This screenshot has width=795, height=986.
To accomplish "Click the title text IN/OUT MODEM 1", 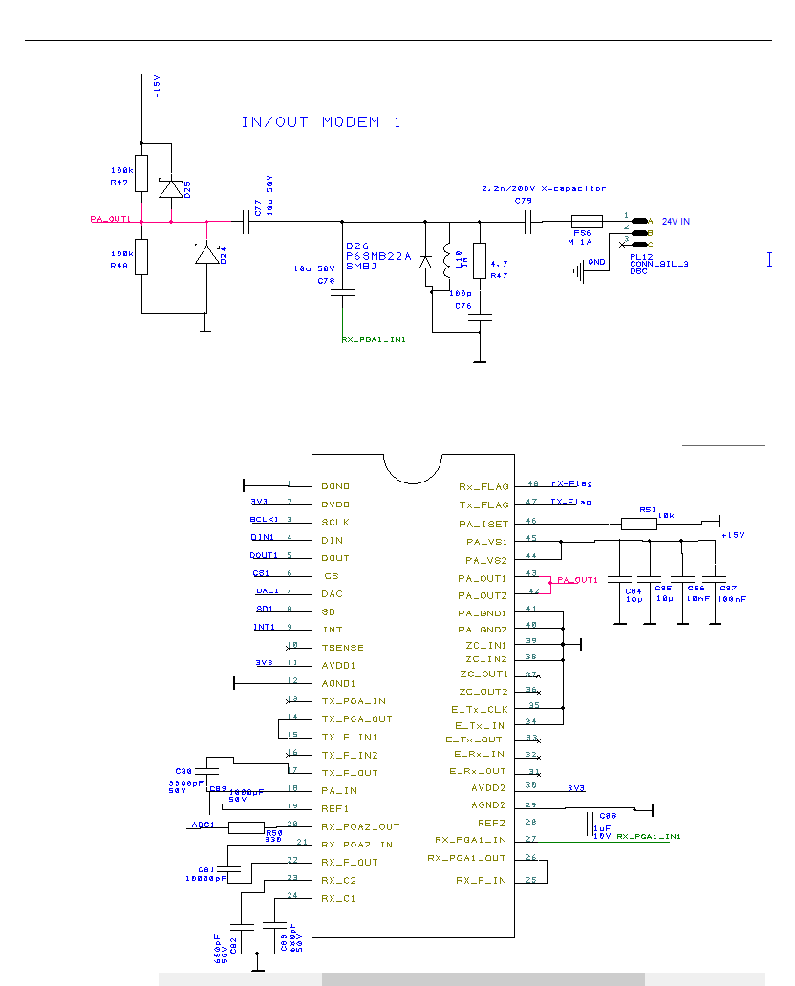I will pos(321,122).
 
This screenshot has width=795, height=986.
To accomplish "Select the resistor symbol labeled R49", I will pos(141,173).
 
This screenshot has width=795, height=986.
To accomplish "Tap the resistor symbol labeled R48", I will pos(141,256).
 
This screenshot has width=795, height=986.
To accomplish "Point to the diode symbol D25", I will pos(172,188).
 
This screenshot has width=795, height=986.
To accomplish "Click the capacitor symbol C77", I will pos(247,221).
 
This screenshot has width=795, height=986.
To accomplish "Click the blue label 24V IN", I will pos(676,222).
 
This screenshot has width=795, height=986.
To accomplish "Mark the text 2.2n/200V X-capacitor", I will pos(544,189).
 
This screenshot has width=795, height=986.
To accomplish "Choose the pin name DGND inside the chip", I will pos(335,486).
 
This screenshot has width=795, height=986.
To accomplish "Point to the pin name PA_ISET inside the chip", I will pos(483,524).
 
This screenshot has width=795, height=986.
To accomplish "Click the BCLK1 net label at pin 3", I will pos(264,520).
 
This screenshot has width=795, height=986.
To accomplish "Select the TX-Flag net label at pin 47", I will pos(571,502).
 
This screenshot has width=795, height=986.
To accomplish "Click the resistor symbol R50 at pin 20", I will pos(247,826).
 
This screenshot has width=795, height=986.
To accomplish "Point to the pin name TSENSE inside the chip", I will pos(342,648).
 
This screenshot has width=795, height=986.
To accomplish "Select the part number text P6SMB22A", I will pos(377,256).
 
